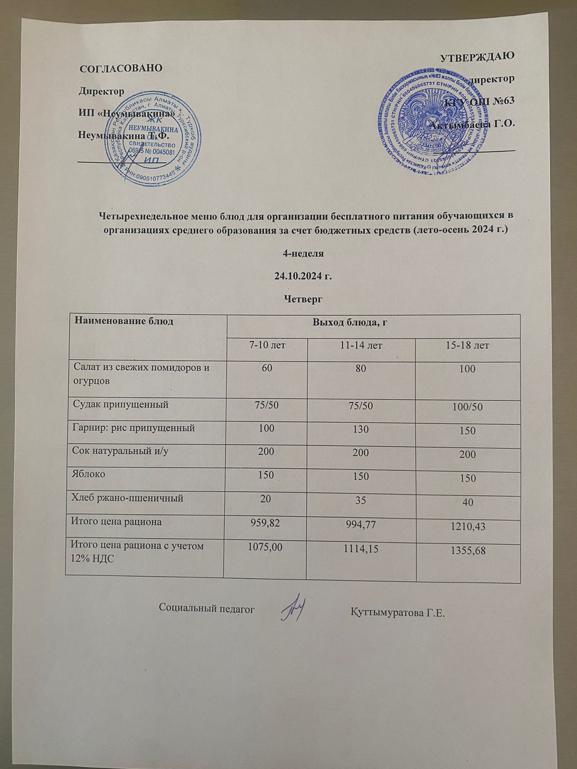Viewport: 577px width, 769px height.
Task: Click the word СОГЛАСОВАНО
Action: pos(121,67)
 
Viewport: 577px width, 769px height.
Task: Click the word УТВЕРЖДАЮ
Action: pos(478,56)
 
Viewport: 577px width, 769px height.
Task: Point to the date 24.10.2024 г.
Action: pos(303,276)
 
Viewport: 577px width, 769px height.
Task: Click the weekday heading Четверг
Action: pos(303,299)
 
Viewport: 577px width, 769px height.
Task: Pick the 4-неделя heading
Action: pos(303,253)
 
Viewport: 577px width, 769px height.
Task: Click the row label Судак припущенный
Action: pos(120,405)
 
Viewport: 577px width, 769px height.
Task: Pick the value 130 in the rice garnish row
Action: pos(361,429)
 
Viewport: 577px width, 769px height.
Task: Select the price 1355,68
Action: pos(467,551)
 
